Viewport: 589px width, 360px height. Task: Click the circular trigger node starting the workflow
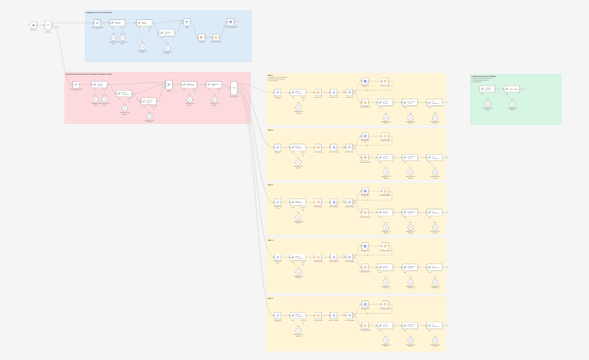33,25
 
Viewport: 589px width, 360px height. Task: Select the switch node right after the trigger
48,25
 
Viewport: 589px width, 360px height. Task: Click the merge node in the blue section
186,22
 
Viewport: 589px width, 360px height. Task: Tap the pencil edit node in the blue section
98,23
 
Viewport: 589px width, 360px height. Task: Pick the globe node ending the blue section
230,22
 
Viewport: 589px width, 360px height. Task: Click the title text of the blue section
99,12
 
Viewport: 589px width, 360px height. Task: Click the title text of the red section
88,74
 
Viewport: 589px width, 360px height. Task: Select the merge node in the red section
169,84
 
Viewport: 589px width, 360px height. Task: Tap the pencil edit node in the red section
76,84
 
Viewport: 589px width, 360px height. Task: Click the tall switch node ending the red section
234,88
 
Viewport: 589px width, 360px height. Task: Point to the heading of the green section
483,76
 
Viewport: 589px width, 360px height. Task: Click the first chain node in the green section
487,88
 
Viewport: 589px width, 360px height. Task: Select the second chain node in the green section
512,88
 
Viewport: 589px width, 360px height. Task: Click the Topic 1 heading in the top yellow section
270,75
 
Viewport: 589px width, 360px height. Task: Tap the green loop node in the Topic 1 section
350,92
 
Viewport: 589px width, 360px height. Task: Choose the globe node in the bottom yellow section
365,304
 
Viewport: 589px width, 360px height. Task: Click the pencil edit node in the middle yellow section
278,202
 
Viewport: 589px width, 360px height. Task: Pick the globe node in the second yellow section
365,136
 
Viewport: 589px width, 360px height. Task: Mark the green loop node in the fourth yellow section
350,257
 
